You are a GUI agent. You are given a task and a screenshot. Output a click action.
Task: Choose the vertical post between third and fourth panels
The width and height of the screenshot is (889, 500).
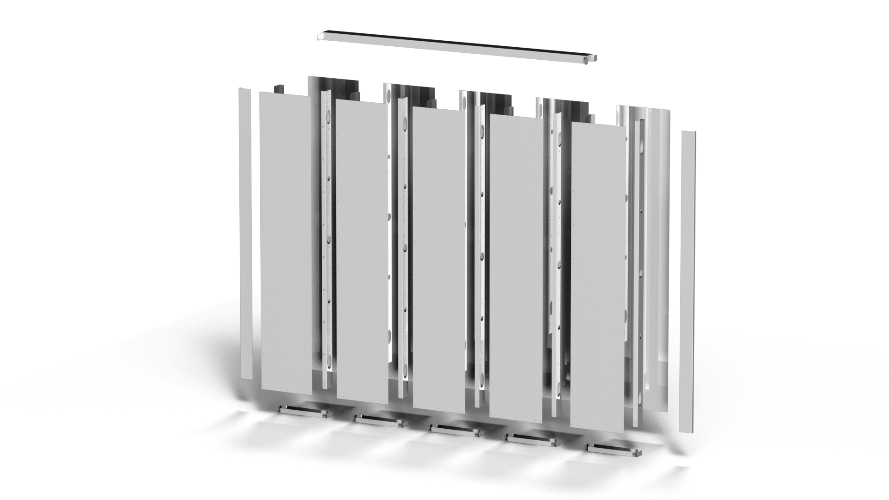[x=480, y=250]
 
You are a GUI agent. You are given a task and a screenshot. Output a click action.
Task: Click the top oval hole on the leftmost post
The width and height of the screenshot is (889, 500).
[x=329, y=115]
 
